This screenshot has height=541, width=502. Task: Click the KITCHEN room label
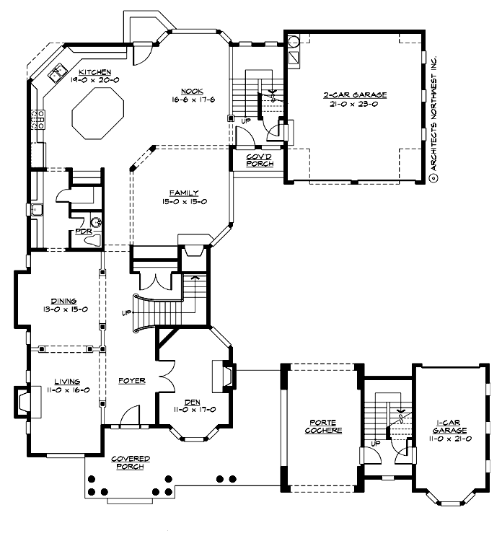(94, 72)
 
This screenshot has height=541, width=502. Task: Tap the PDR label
(83, 232)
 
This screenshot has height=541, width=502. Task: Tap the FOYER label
(132, 380)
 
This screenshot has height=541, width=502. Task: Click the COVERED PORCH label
(131, 462)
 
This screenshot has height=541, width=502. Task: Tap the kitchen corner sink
(56, 73)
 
